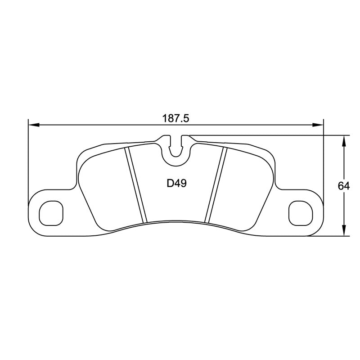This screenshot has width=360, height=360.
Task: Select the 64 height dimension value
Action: click(x=345, y=185)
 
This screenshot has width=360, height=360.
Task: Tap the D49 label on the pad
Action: click(x=176, y=184)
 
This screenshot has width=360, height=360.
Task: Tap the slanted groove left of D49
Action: click(x=136, y=184)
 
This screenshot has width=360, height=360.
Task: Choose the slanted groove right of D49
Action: click(x=216, y=184)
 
